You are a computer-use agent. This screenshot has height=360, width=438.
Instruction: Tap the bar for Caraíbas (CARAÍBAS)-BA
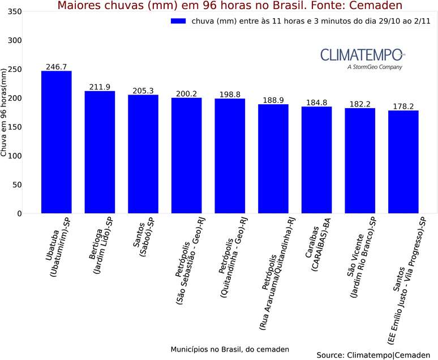(316, 160)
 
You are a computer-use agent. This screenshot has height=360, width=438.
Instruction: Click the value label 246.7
(57, 67)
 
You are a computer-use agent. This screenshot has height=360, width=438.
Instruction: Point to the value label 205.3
(143, 91)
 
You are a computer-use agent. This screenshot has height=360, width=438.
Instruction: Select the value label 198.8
(230, 94)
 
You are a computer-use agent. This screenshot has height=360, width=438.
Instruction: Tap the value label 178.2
(403, 106)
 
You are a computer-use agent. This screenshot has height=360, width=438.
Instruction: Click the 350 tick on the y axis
(15, 12)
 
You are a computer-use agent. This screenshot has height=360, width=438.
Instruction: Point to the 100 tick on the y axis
(15, 156)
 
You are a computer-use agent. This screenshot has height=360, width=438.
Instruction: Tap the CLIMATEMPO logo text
(362, 55)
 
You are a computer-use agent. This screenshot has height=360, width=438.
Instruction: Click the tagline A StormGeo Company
(375, 67)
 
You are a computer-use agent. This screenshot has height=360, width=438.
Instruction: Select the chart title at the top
(230, 6)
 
